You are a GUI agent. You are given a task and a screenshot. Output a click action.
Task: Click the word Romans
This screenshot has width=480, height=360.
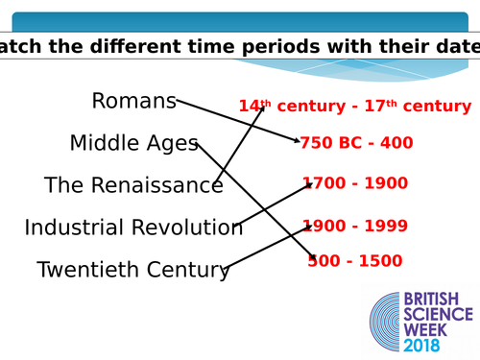[133, 101]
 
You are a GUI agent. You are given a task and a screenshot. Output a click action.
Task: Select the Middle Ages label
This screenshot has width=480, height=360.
[133, 143]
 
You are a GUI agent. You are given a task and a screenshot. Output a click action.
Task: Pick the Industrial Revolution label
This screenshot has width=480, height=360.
[133, 228]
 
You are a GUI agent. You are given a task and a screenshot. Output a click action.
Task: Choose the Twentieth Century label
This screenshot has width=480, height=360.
[133, 270]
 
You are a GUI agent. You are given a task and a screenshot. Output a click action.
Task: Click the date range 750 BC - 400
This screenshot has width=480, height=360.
[357, 143]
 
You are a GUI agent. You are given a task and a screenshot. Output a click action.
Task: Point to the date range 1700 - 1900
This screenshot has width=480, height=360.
[355, 183]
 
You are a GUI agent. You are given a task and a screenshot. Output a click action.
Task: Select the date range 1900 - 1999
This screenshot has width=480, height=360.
[355, 227]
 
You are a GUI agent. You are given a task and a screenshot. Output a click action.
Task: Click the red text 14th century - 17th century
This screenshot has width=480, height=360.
[355, 106]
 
